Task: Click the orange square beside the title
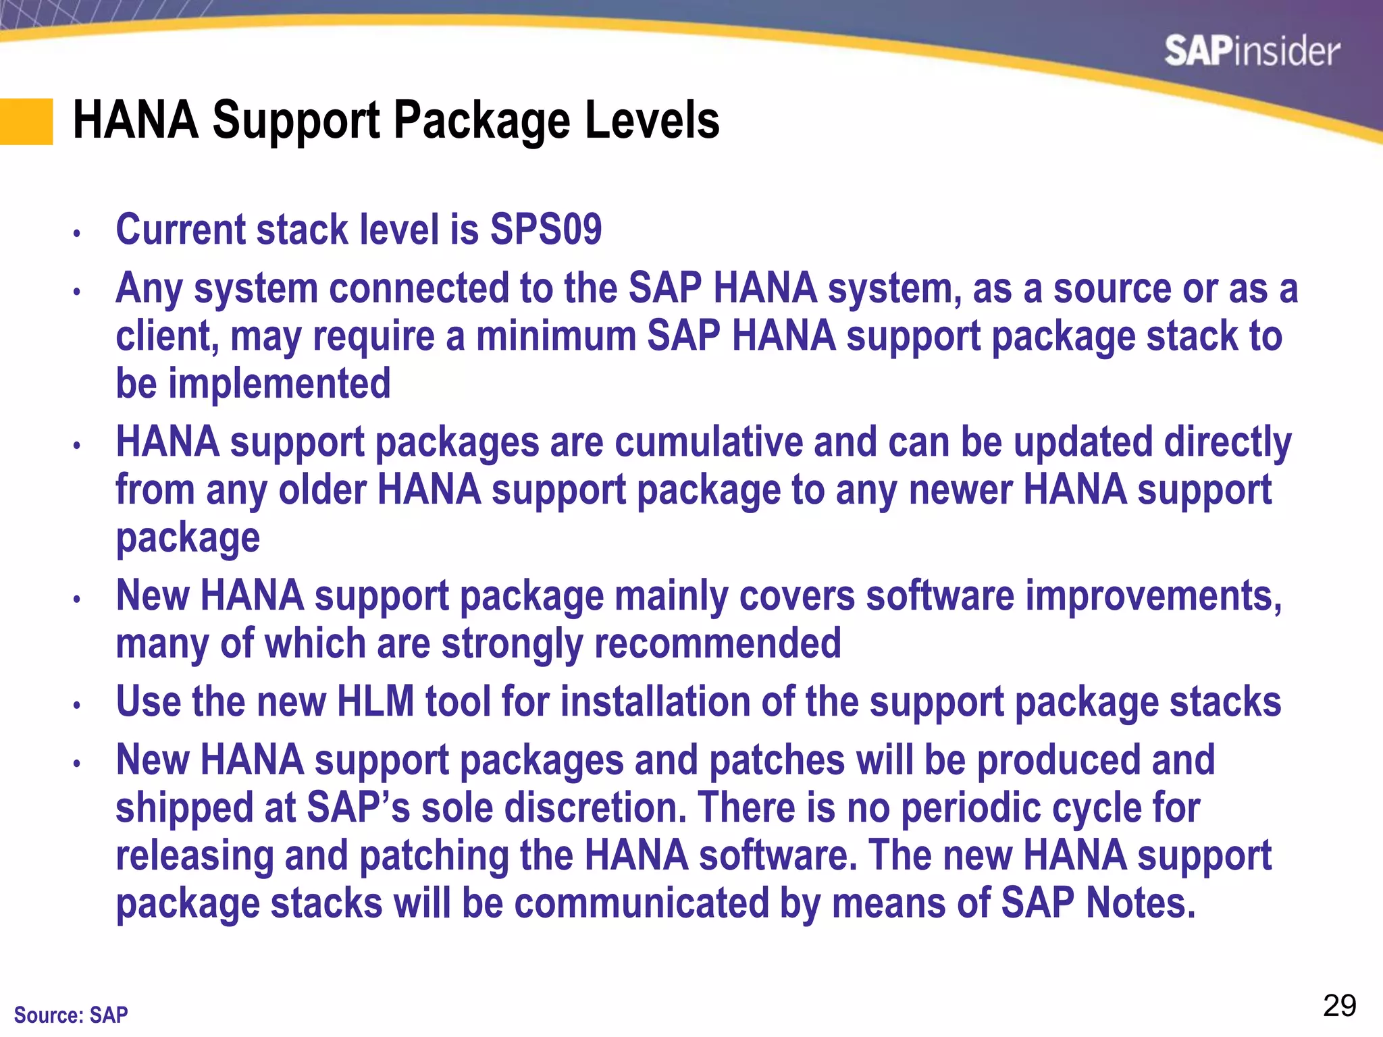point(26,122)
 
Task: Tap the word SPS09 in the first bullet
point(545,230)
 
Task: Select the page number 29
point(1339,1006)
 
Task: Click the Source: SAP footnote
point(71,1015)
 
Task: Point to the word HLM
point(375,701)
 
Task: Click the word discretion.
point(595,807)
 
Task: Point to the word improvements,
point(1153,596)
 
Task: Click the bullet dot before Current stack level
point(77,234)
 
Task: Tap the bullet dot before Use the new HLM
point(77,706)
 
